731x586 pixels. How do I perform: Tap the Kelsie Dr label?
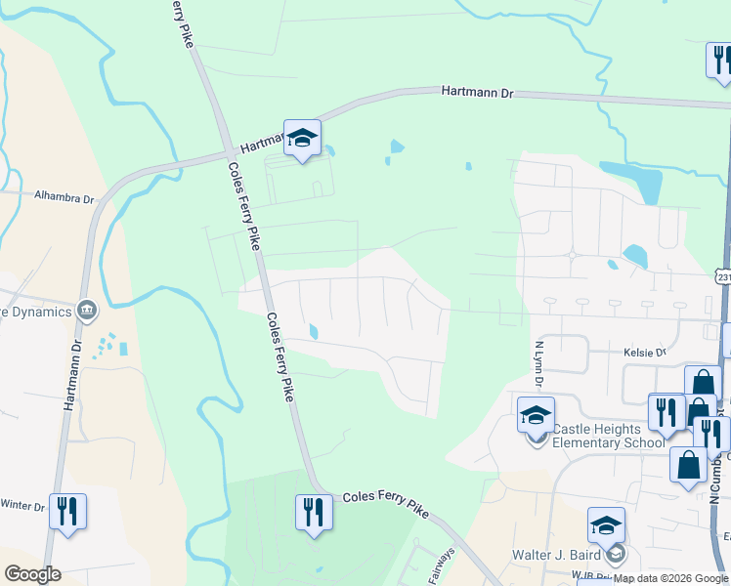[644, 352]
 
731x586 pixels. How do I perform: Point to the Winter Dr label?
[22, 506]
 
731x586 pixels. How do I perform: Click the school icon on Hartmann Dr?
[302, 139]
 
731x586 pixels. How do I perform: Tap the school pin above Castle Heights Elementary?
[536, 416]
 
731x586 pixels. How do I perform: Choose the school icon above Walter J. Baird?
[606, 526]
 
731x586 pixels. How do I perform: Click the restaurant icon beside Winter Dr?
[67, 513]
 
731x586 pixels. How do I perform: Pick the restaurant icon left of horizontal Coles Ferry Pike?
[313, 513]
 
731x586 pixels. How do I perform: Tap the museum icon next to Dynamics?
[87, 311]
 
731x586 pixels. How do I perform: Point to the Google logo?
[31, 574]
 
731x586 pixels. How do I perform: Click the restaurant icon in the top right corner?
[720, 61]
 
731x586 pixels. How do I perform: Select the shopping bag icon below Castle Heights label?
[688, 466]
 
